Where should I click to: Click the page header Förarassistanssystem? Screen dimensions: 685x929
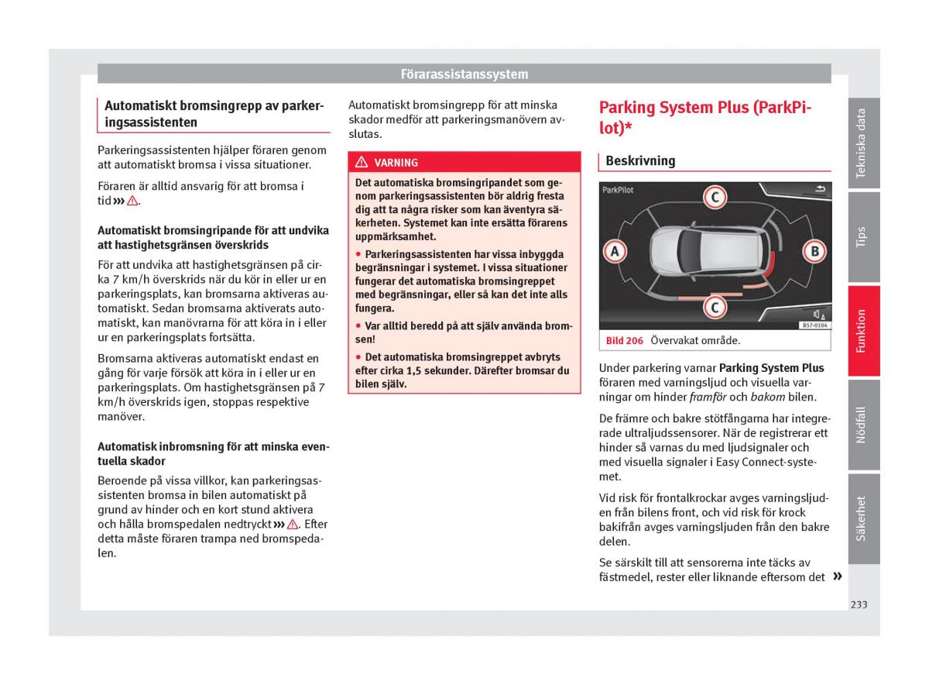[x=464, y=74]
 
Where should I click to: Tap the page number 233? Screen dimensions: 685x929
[x=858, y=604]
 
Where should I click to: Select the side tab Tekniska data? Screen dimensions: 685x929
[x=862, y=143]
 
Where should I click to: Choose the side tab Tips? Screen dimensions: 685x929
[x=862, y=236]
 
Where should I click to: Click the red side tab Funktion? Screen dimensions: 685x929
[x=862, y=331]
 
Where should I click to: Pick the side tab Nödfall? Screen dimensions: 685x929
[x=862, y=425]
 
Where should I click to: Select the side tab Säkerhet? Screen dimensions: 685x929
[x=862, y=518]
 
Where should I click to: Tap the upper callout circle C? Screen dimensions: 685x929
[x=714, y=197]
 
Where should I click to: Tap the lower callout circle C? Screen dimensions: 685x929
[x=714, y=308]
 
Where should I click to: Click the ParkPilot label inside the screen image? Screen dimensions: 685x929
[x=618, y=189]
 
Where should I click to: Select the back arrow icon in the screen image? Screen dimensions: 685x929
[x=821, y=188]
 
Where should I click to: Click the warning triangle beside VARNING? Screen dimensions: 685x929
[x=362, y=163]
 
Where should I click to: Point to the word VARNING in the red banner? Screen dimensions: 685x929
[x=396, y=163]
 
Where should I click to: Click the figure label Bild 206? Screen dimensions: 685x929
[x=625, y=341]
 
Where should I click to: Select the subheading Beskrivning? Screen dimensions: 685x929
[x=640, y=161]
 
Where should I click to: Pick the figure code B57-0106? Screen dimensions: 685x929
[x=814, y=325]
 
